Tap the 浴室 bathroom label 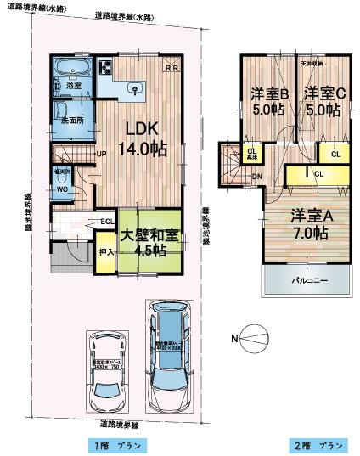click(x=73, y=86)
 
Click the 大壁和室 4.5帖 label click(x=149, y=241)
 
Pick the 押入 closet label click(x=105, y=253)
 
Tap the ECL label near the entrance click(x=107, y=222)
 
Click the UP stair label click(x=101, y=154)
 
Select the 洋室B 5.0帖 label click(x=269, y=99)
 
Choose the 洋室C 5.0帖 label click(x=323, y=99)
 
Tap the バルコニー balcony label click(x=307, y=279)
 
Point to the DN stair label click(x=257, y=177)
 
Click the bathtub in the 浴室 click(x=73, y=70)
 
